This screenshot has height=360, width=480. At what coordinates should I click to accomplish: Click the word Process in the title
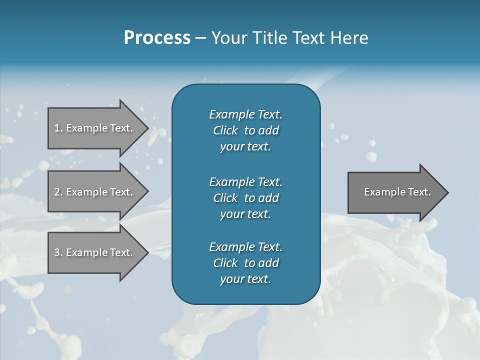(x=157, y=38)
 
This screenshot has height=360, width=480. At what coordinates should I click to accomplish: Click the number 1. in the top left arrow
(x=58, y=128)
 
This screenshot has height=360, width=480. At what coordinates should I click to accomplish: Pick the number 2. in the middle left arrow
(x=58, y=192)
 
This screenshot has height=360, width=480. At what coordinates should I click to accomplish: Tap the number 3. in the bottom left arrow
(x=58, y=252)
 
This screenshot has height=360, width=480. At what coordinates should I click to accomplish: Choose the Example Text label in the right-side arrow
(x=397, y=192)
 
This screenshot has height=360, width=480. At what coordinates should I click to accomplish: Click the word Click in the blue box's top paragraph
(x=225, y=130)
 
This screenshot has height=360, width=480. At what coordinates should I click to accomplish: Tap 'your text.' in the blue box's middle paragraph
(x=245, y=214)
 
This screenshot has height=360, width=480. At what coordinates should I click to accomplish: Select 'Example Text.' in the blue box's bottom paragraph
(x=245, y=247)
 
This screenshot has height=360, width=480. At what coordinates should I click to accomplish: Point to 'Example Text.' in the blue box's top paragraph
(x=245, y=114)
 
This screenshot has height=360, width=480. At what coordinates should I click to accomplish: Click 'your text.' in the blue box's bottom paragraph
(x=245, y=279)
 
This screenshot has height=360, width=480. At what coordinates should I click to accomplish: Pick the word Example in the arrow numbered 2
(x=86, y=192)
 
